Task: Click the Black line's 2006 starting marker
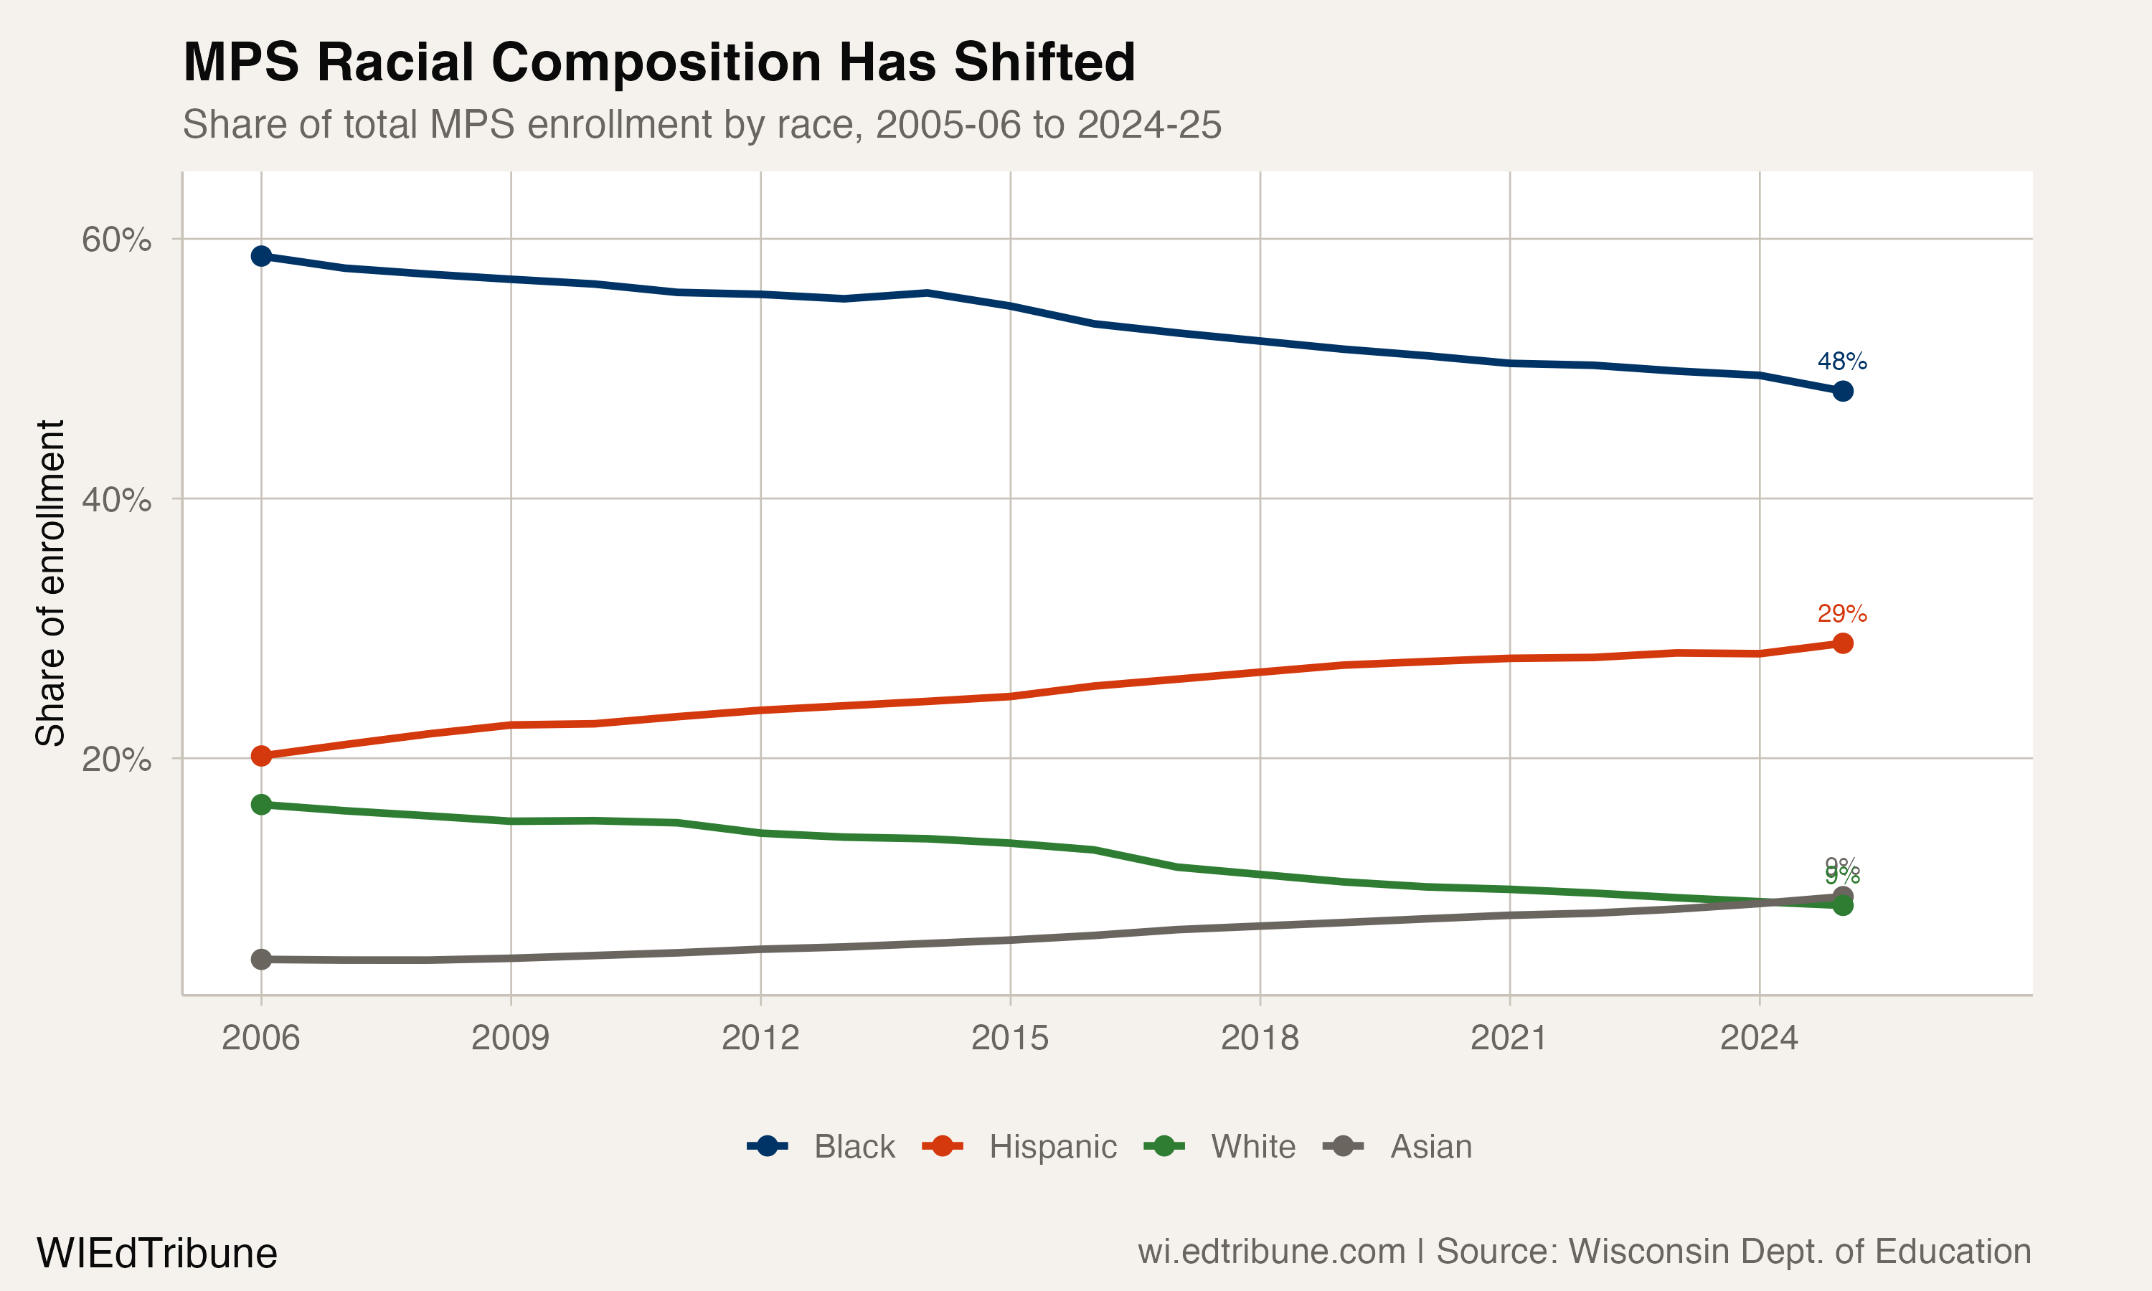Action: [261, 256]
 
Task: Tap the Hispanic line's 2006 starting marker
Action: [261, 756]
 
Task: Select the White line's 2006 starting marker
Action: [261, 805]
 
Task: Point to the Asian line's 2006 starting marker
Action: [261, 960]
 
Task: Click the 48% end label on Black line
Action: [1841, 361]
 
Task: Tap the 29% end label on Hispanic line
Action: [1841, 613]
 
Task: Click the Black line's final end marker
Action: [1842, 392]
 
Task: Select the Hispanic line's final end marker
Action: [1842, 643]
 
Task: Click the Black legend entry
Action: [821, 1147]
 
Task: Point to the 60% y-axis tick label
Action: [116, 240]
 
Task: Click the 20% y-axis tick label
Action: [116, 760]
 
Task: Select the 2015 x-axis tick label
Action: [1009, 1038]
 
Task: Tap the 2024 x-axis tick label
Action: [1759, 1038]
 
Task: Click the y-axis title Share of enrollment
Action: [50, 583]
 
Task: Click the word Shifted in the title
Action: [1044, 62]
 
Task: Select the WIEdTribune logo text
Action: [156, 1254]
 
